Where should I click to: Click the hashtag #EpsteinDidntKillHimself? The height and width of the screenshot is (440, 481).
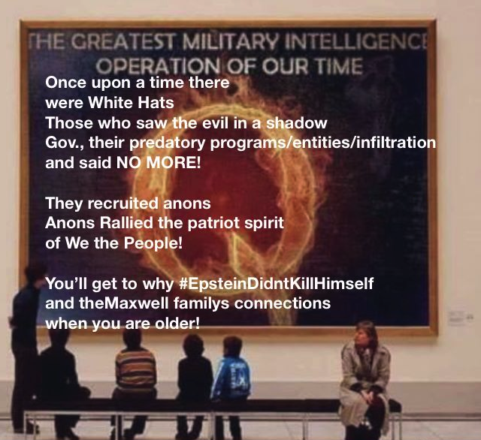[x=276, y=283]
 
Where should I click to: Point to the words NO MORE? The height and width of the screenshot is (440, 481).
[x=159, y=163]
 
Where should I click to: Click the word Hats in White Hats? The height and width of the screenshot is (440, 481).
[x=156, y=103]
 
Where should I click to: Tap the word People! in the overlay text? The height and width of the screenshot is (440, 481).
[x=153, y=243]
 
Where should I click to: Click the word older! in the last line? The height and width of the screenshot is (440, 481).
[x=177, y=324]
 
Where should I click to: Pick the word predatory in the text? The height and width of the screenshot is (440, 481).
[x=167, y=143]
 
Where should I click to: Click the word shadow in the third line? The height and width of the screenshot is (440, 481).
[x=296, y=123]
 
